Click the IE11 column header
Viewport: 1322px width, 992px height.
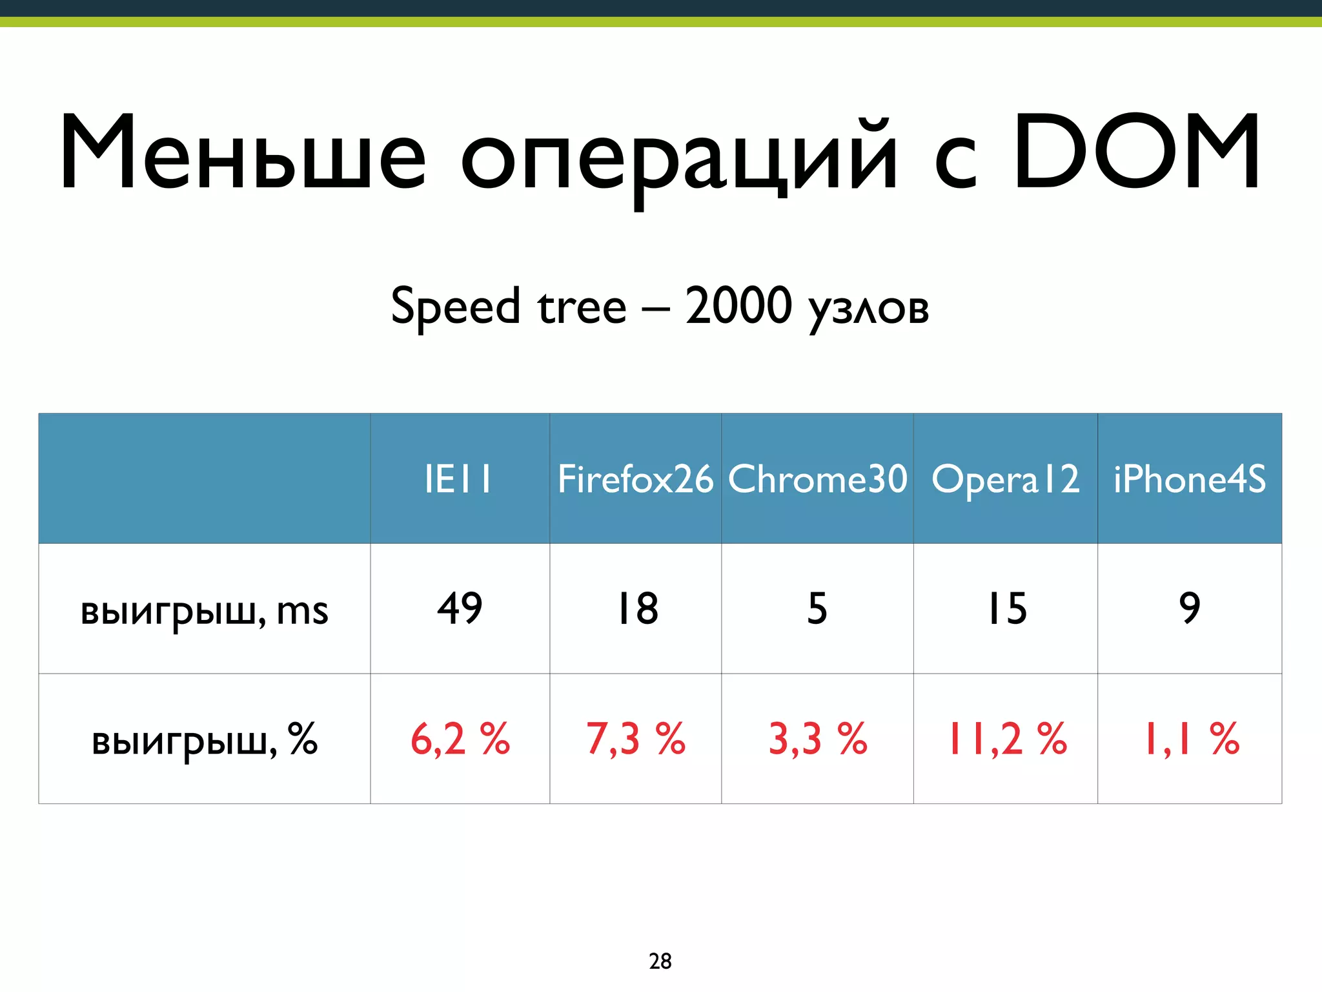pos(459,479)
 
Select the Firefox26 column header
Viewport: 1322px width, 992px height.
pos(635,479)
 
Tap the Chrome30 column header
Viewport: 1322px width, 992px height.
pos(817,479)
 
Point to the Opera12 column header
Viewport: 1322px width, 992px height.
pos(1005,479)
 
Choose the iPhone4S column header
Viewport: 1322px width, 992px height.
pos(1190,479)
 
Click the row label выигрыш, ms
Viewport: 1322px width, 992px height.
pos(204,610)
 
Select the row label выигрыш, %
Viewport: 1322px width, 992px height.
pos(204,739)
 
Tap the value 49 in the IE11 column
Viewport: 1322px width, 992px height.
pos(460,608)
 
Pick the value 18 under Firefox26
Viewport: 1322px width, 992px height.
pos(637,608)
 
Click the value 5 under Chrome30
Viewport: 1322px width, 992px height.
pos(817,608)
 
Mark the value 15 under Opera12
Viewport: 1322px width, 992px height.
pos(1007,608)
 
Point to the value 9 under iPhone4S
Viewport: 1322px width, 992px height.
pos(1190,608)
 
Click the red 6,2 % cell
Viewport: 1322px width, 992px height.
pos(460,739)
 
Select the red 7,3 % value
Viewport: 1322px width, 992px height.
pos(635,739)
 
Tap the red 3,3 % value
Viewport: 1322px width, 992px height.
pos(817,739)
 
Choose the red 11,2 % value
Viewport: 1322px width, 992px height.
pos(1006,739)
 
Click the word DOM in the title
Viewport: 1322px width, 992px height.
pos(1136,153)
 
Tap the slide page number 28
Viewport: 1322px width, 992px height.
pos(660,961)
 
